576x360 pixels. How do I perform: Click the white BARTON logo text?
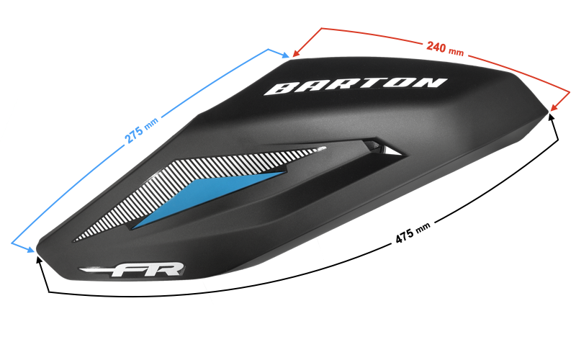tap(356, 85)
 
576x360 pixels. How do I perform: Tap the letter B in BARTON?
tap(280, 89)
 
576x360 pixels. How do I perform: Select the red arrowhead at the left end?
tap(296, 53)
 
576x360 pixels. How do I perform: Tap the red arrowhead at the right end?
tap(554, 107)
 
